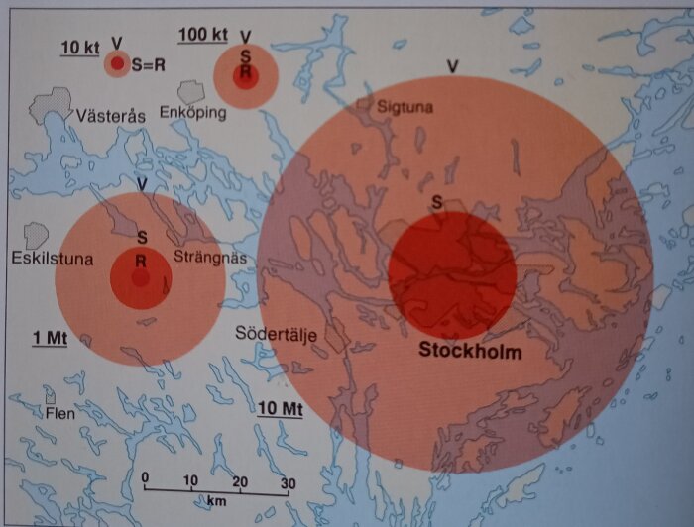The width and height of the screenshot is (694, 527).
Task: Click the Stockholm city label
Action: (x=470, y=351)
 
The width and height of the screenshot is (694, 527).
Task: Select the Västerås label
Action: (x=110, y=116)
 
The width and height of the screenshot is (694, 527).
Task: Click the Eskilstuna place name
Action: (x=53, y=260)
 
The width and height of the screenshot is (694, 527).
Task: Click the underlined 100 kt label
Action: (x=202, y=35)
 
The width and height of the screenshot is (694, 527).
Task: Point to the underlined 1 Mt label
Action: (x=49, y=338)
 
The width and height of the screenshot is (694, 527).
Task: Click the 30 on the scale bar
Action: (x=288, y=482)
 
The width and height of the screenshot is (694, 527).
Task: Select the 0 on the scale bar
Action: (x=145, y=482)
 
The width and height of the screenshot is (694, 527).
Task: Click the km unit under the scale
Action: (x=216, y=501)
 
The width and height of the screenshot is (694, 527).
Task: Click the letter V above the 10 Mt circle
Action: (x=452, y=66)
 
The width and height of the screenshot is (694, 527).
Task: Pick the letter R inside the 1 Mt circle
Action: (x=141, y=261)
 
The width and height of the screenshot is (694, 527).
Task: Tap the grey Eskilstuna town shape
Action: (x=37, y=235)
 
